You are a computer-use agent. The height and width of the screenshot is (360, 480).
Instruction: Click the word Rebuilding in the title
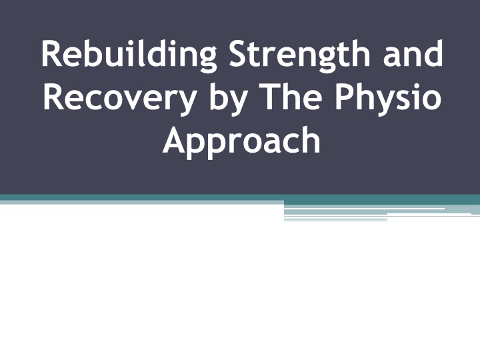coord(129,55)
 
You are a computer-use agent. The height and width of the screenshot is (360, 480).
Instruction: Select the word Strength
coord(300,55)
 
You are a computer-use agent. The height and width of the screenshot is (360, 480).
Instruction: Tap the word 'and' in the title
coord(413,53)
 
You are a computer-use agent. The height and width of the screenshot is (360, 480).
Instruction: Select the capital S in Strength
coord(239,53)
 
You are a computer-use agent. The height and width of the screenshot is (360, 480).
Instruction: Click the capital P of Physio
coord(345,97)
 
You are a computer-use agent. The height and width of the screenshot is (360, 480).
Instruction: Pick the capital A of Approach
coord(175,140)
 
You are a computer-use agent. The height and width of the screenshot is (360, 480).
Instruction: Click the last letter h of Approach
coord(310,139)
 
